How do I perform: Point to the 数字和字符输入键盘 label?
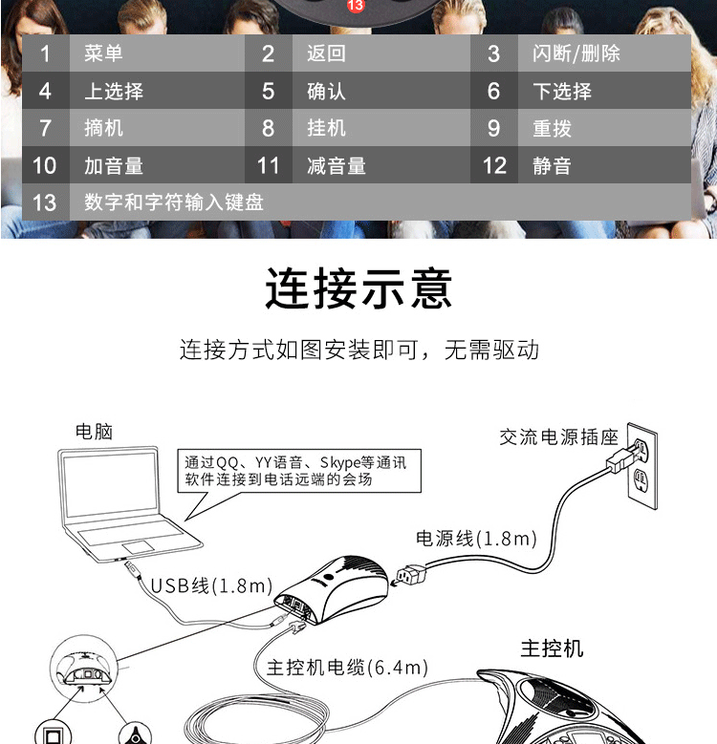(x=173, y=202)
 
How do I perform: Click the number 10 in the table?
(x=45, y=165)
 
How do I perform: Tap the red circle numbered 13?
(x=356, y=6)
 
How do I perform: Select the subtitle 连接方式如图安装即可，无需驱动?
(x=358, y=350)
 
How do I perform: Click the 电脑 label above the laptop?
(x=94, y=431)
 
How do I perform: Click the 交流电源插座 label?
(x=558, y=437)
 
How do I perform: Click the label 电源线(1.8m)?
(x=475, y=539)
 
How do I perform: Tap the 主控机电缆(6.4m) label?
(x=346, y=668)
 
